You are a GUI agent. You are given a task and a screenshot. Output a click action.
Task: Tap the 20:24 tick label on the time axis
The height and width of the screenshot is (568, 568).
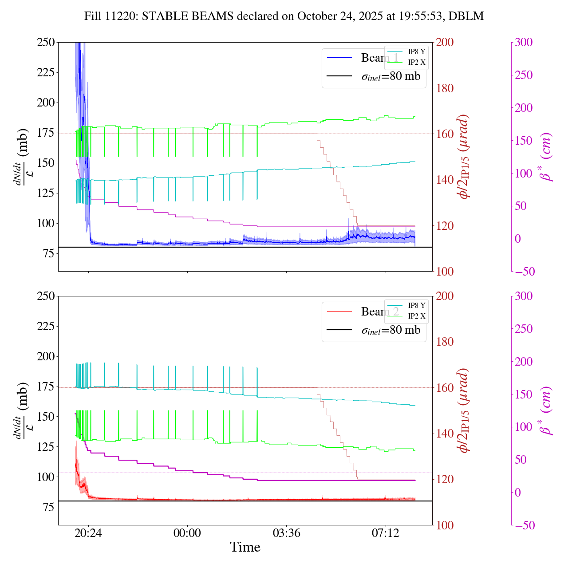click(x=88, y=532)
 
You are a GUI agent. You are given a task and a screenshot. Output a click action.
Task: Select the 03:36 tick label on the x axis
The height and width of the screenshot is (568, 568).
click(x=286, y=532)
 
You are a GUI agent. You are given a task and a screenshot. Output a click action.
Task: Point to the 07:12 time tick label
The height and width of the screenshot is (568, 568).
click(x=385, y=532)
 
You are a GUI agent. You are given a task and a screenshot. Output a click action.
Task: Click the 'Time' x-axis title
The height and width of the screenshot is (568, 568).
click(x=245, y=548)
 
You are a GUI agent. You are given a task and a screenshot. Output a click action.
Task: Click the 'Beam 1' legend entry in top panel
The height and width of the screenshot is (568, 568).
click(x=379, y=58)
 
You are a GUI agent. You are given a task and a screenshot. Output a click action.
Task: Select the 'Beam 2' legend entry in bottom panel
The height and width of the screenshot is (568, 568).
click(x=379, y=312)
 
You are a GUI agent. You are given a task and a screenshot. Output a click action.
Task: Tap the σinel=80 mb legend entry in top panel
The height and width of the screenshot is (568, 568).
click(x=390, y=76)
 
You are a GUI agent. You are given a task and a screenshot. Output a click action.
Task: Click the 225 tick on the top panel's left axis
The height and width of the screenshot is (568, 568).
click(x=46, y=72)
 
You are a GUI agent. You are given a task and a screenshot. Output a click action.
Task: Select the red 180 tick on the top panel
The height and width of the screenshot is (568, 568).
click(x=445, y=88)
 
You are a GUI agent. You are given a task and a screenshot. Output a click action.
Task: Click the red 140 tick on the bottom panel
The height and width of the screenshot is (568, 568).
click(x=445, y=434)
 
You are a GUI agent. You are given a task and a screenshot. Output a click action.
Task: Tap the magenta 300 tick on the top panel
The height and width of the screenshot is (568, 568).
click(x=524, y=43)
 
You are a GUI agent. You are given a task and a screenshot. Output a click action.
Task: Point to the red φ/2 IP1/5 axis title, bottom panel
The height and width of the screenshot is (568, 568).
click(x=464, y=410)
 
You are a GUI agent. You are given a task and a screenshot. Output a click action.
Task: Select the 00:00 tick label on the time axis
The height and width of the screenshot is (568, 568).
click(x=187, y=532)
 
